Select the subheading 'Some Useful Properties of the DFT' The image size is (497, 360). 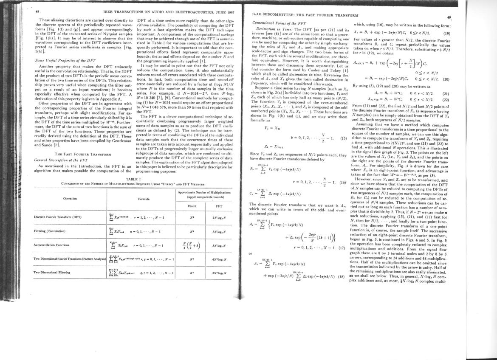click(x=65, y=60)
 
